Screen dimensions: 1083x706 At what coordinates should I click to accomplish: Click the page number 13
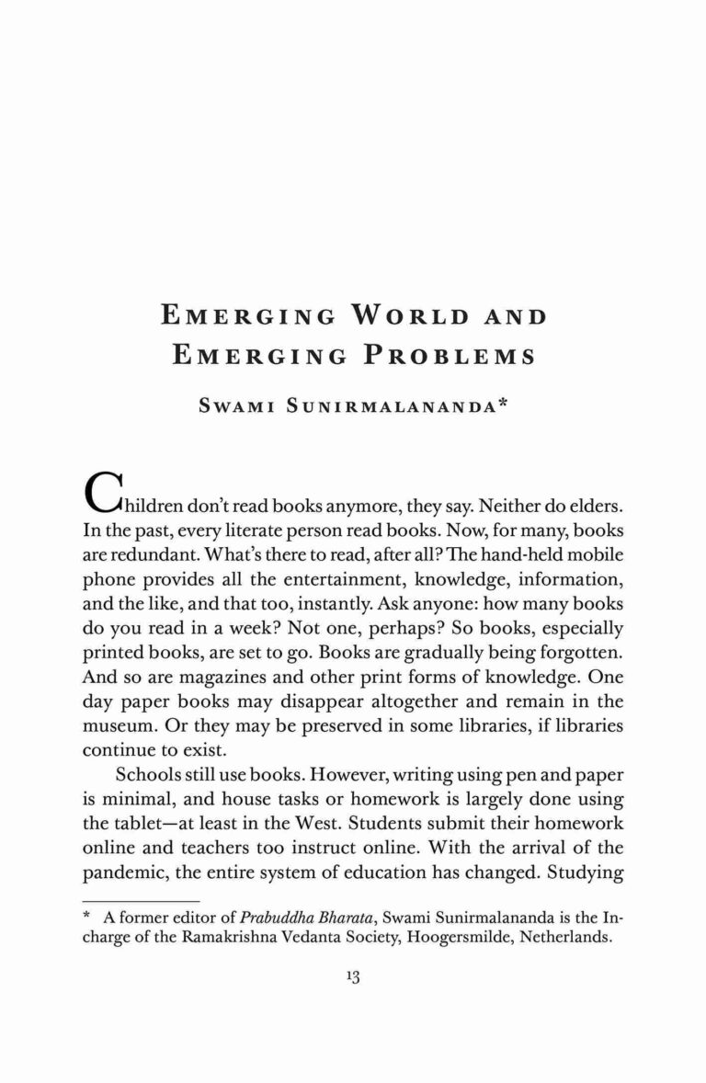point(352,977)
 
